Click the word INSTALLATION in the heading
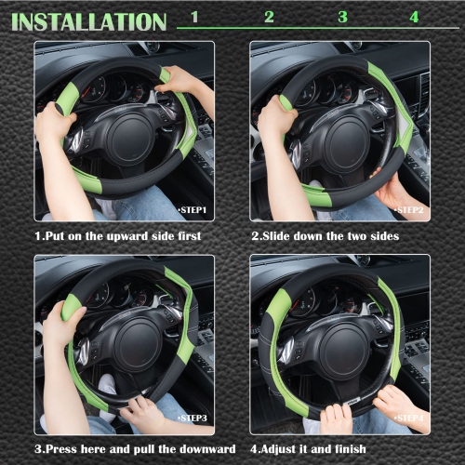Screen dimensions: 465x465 [88, 20]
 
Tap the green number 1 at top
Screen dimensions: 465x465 [194, 17]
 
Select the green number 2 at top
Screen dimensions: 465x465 [269, 17]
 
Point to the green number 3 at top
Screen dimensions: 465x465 [342, 17]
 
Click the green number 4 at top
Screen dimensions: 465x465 [414, 17]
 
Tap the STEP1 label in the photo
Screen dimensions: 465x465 [193, 210]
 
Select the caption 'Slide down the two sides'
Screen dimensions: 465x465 [325, 236]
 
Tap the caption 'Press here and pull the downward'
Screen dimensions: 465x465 [128, 450]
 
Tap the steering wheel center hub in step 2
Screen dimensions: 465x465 [342, 139]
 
